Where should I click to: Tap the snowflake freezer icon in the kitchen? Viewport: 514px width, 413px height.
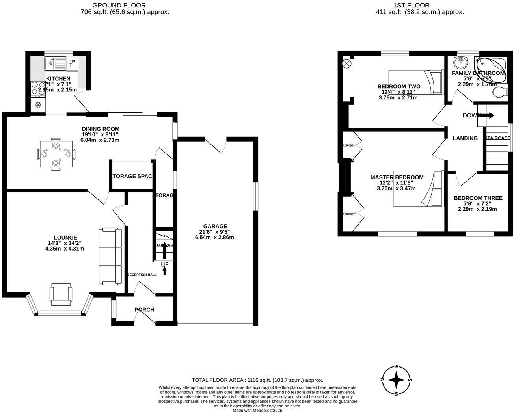point(38,105)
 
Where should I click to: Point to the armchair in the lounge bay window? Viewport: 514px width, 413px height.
point(61,294)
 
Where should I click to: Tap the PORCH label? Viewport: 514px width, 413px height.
point(144,309)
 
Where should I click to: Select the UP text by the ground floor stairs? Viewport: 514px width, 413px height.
point(164,264)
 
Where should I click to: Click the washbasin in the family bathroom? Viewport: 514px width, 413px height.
point(460,62)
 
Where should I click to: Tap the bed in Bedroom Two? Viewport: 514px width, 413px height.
point(416,82)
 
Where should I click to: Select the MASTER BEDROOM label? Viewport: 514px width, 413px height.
point(397,177)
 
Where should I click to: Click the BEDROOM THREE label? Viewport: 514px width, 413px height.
point(478,198)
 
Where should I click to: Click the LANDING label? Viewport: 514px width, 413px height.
point(465,138)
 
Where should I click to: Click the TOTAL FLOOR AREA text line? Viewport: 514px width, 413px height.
point(257,380)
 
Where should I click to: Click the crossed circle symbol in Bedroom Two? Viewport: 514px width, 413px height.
point(347,63)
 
